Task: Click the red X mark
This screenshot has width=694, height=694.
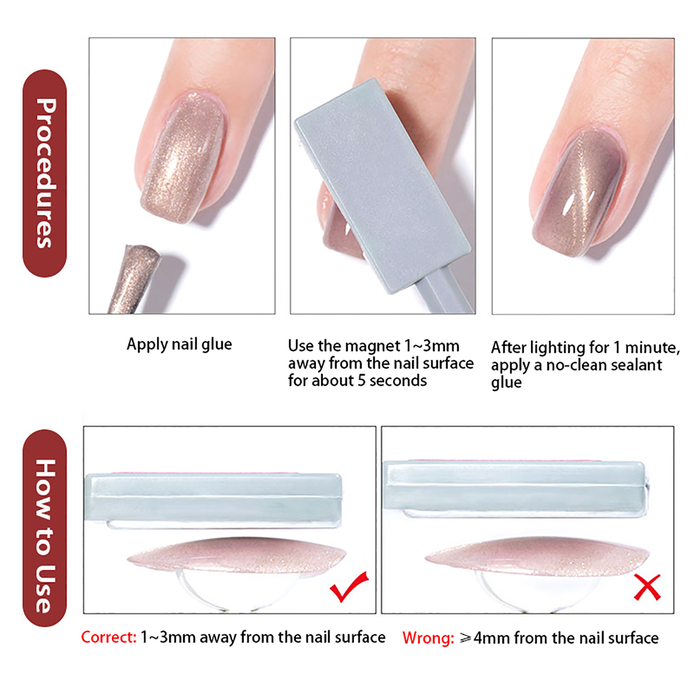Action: click(x=647, y=587)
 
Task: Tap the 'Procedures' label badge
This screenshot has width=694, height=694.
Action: click(x=45, y=173)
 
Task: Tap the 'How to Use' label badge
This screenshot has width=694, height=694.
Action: click(x=45, y=528)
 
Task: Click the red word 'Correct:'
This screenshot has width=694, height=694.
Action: click(x=109, y=637)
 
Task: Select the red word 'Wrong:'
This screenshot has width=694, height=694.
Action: click(x=428, y=638)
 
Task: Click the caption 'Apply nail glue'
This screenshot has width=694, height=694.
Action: click(x=179, y=344)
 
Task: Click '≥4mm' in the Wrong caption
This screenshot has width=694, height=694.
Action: click(x=485, y=638)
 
